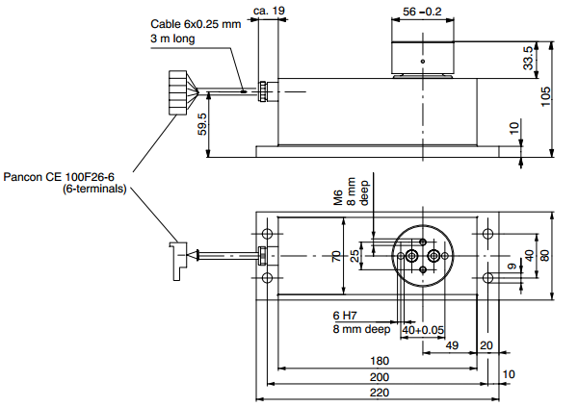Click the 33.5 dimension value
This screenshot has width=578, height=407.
528,59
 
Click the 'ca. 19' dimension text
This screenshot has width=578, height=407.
270,11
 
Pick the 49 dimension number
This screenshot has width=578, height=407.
451,345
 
